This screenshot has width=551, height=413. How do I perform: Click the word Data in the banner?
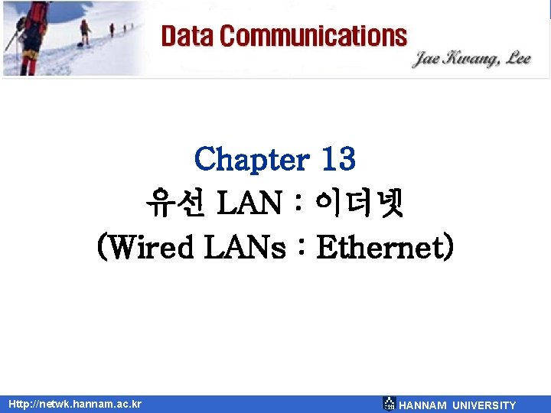pyautogui.click(x=187, y=36)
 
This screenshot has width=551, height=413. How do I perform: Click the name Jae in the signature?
pyautogui.click(x=429, y=59)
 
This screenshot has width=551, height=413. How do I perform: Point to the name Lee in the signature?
pyautogui.click(x=515, y=60)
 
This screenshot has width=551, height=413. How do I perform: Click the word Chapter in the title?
pyautogui.click(x=250, y=159)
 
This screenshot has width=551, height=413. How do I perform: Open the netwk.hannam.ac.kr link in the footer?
pyautogui.click(x=75, y=403)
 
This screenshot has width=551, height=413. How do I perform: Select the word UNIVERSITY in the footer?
pyautogui.click(x=484, y=405)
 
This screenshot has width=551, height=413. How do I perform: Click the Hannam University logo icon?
pyautogui.click(x=389, y=404)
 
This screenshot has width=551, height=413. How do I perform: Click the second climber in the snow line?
pyautogui.click(x=85, y=31)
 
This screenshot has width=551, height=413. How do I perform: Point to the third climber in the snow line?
pyautogui.click(x=112, y=29)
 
